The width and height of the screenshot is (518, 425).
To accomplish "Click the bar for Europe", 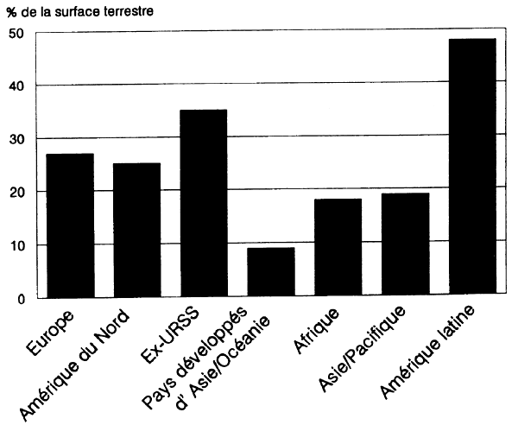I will tap(70, 225).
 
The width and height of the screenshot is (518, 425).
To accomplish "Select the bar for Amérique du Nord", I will tap(136, 231).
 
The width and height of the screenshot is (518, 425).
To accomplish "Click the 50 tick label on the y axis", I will tap(16, 33).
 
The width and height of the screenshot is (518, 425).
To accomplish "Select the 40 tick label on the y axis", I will tap(16, 86).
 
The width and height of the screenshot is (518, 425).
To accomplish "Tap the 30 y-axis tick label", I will tap(16, 139).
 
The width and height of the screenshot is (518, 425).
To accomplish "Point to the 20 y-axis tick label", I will tap(16, 193).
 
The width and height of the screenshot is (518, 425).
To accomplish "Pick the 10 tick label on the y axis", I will tap(16, 245).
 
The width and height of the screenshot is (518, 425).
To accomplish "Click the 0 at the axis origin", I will tap(20, 299).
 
